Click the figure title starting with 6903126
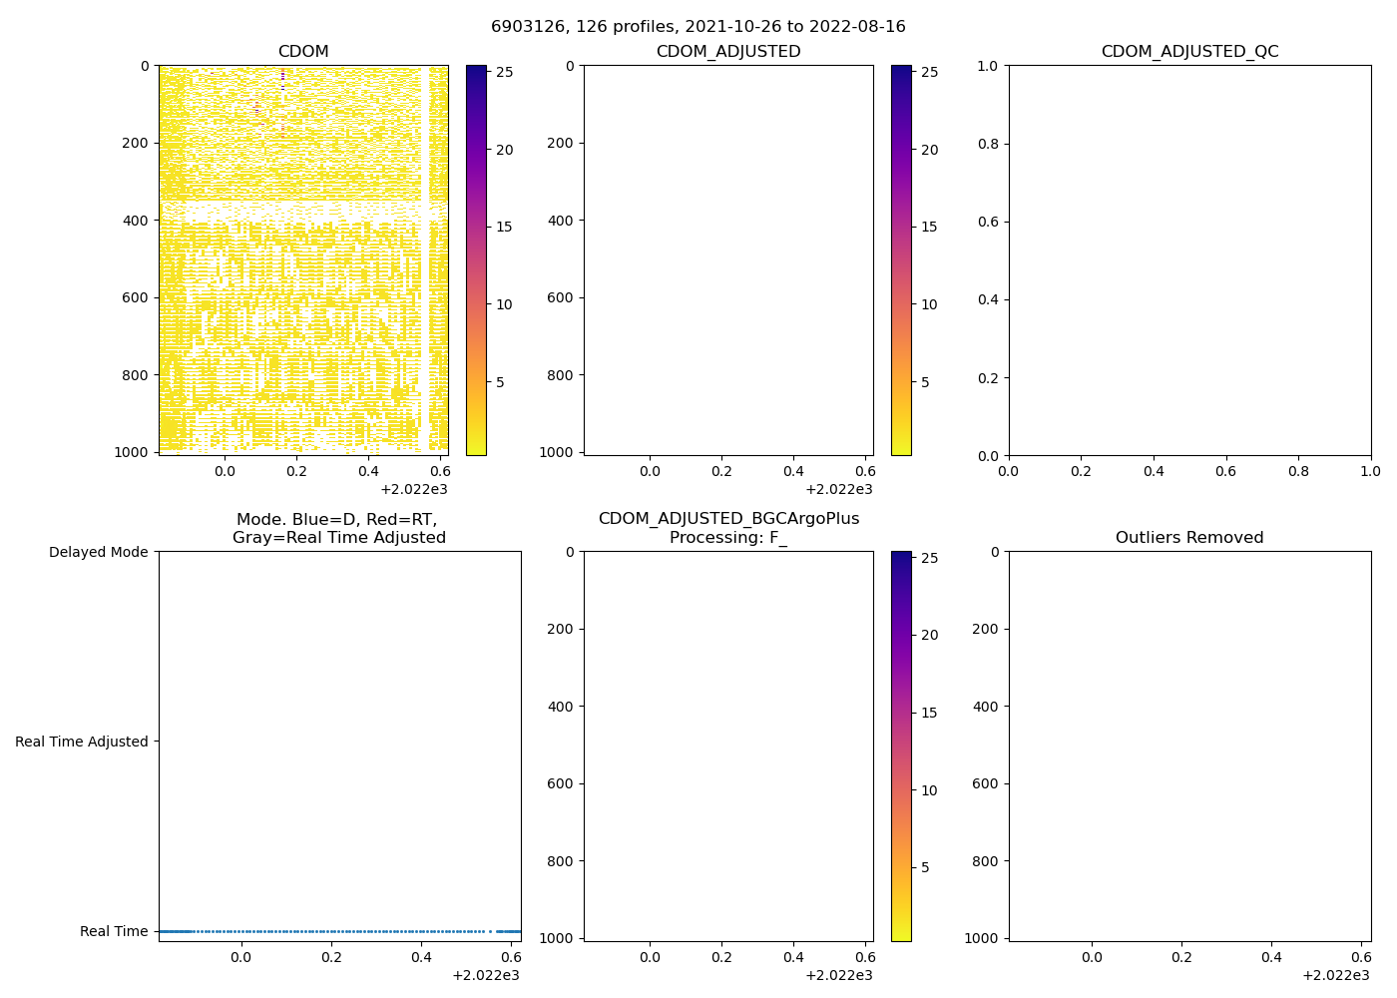point(698,27)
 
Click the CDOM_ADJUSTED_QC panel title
point(1189,52)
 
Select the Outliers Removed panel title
point(1189,538)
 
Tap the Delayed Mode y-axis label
point(98,552)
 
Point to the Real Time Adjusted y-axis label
point(82,742)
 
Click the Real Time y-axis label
point(114,931)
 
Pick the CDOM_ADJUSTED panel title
point(728,52)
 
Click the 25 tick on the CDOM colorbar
point(504,72)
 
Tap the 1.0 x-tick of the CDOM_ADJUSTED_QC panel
point(1370,471)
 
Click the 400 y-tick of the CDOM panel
point(138,221)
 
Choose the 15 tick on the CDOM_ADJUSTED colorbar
point(929,227)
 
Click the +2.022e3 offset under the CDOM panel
point(414,489)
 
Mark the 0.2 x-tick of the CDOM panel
point(297,471)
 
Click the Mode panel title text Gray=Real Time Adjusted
point(339,538)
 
